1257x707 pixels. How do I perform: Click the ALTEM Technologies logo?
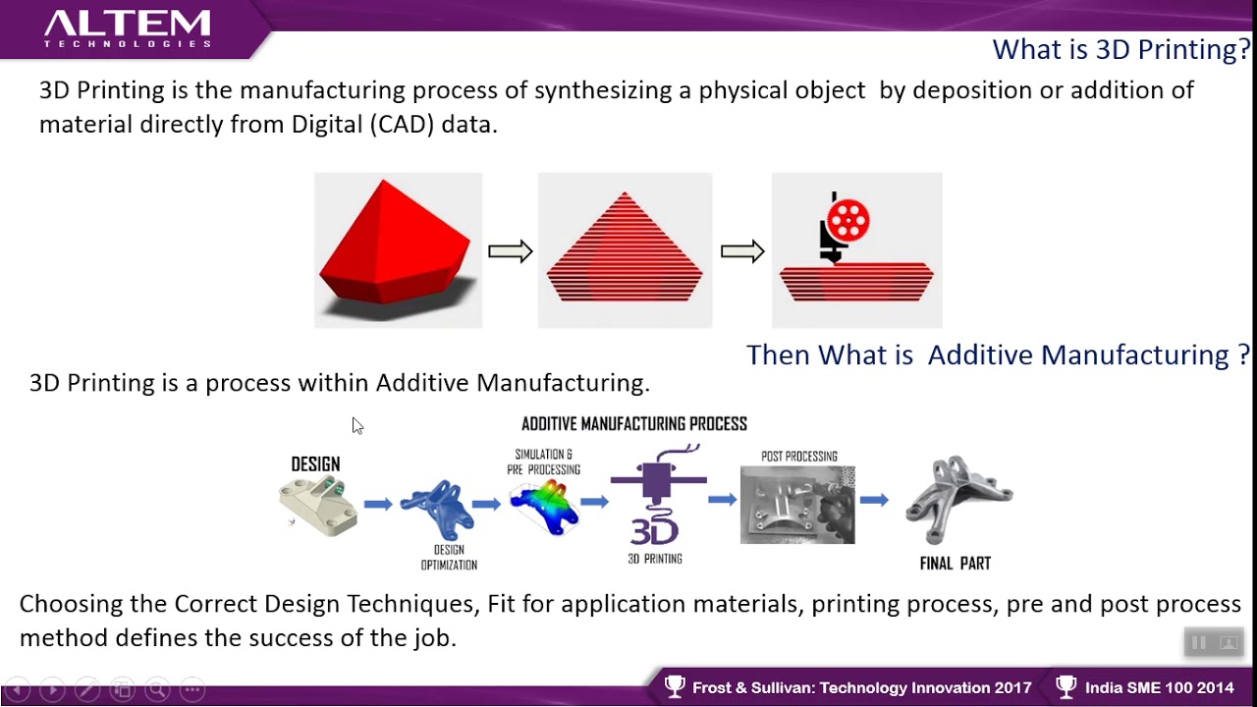click(x=128, y=28)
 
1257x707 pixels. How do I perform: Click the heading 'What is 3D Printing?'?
click(x=1121, y=49)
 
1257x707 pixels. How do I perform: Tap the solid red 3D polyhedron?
click(x=395, y=242)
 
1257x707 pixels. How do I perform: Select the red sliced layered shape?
click(x=625, y=246)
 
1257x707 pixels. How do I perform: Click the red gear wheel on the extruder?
click(x=847, y=220)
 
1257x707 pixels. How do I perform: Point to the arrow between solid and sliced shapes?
click(x=510, y=250)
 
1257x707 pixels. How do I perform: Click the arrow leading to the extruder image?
click(x=742, y=250)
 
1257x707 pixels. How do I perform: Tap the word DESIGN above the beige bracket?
click(x=315, y=464)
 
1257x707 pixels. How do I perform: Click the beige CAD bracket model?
click(x=318, y=506)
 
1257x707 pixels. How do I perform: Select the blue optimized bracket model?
click(x=438, y=509)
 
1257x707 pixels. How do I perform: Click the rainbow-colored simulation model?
click(x=544, y=507)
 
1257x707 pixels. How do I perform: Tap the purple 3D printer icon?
click(x=657, y=495)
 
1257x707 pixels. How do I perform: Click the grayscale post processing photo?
click(x=797, y=505)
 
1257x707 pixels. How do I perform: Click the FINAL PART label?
click(x=956, y=563)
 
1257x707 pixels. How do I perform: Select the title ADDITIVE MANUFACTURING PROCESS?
click(x=634, y=423)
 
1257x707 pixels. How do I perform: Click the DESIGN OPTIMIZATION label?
click(x=449, y=557)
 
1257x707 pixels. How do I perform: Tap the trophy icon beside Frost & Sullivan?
click(x=675, y=686)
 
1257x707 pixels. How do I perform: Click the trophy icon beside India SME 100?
click(x=1066, y=686)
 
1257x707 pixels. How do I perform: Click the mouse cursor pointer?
click(x=357, y=426)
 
